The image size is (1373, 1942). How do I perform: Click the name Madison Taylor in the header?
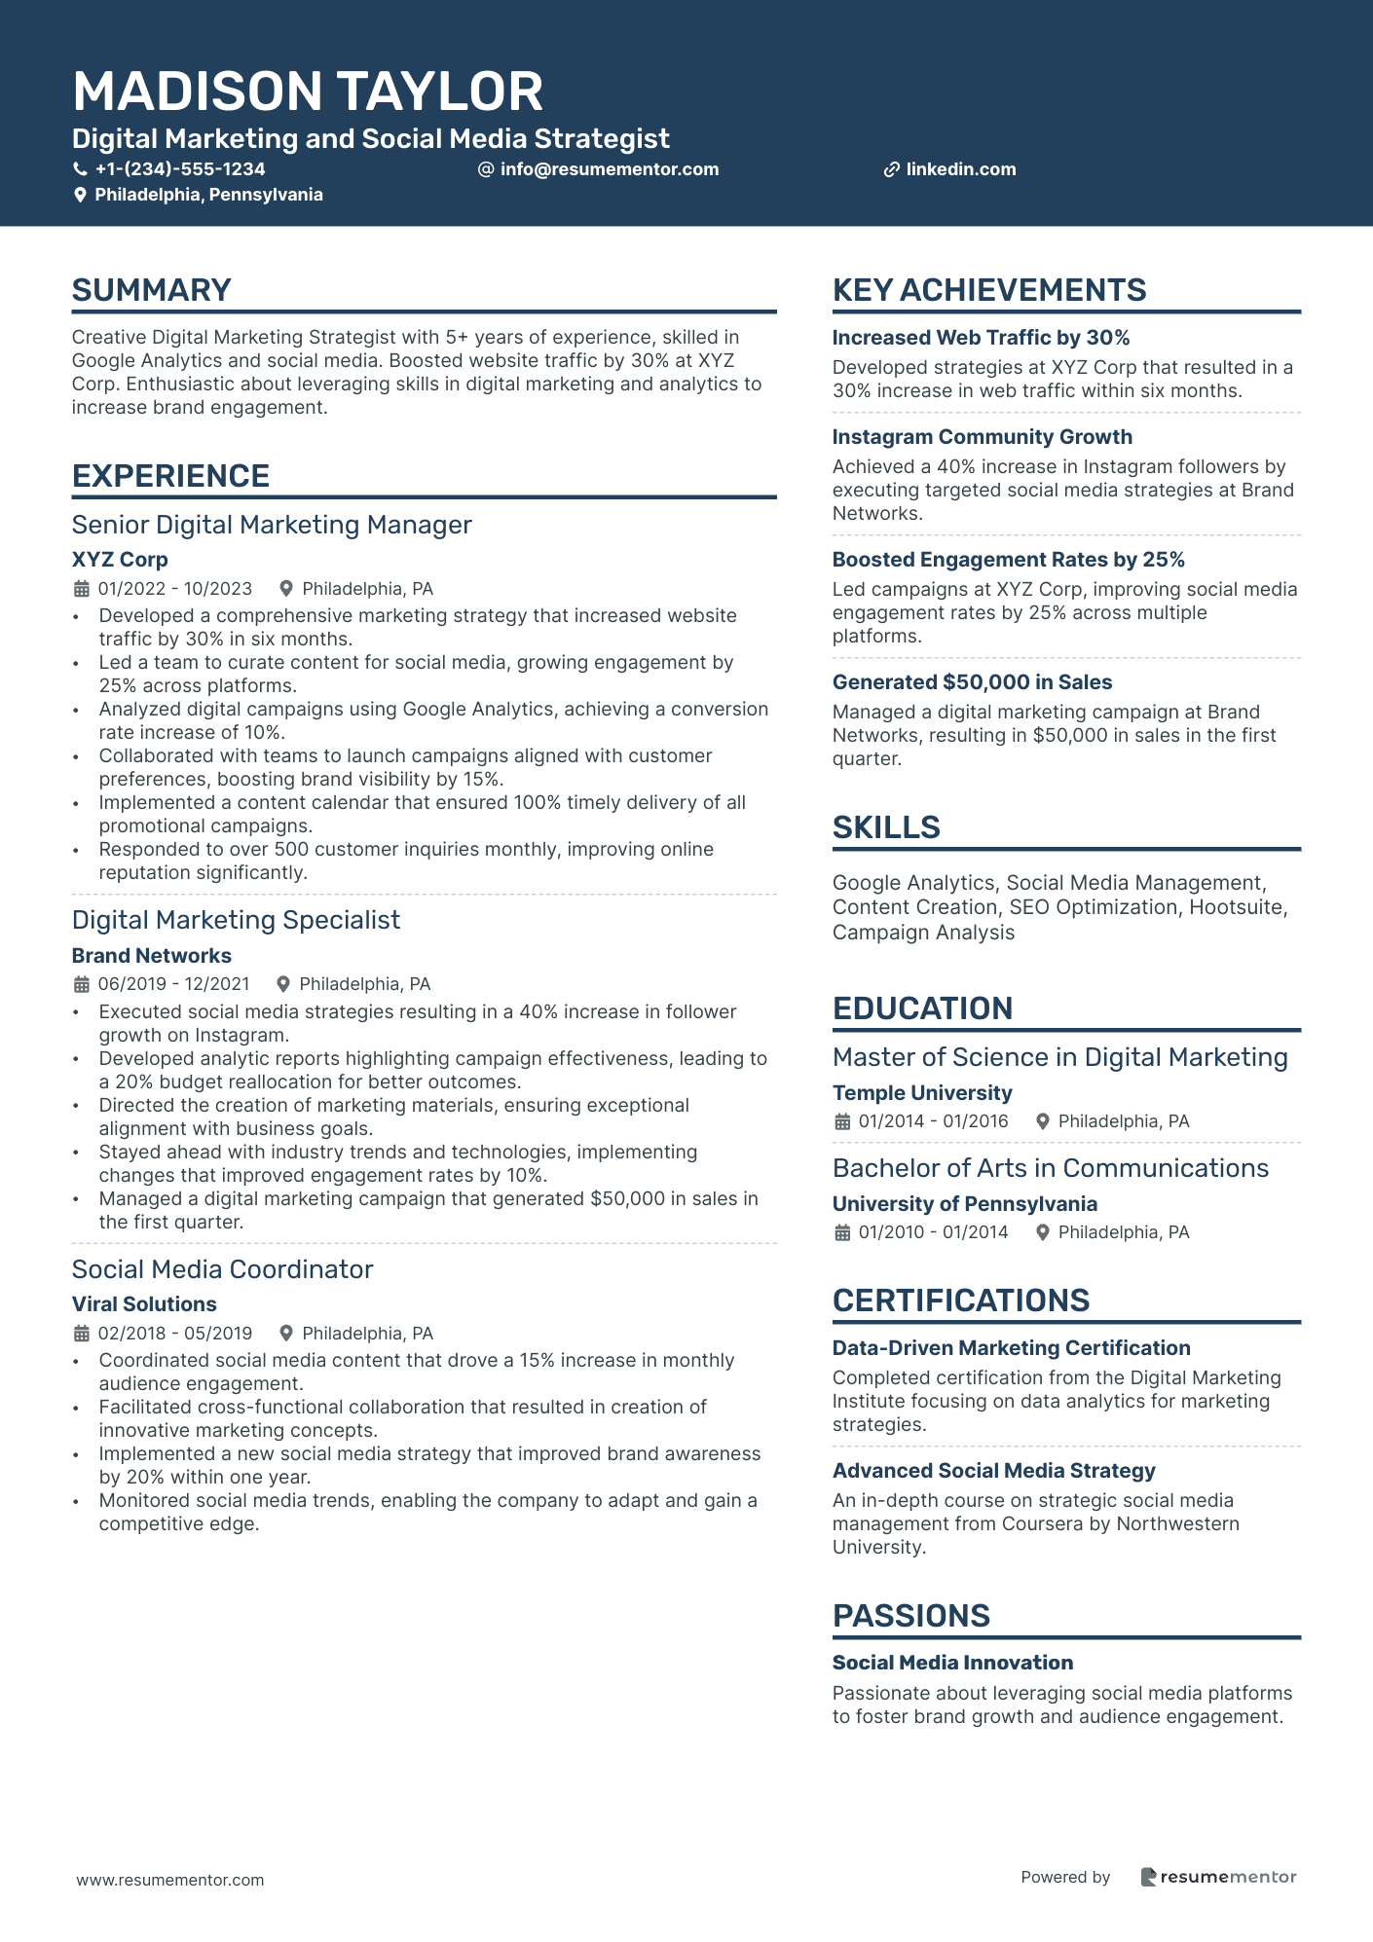pos(308,92)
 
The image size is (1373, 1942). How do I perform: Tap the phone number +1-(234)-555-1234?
pos(179,169)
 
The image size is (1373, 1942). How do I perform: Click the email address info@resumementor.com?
pos(609,169)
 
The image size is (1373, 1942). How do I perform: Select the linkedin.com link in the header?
pos(960,169)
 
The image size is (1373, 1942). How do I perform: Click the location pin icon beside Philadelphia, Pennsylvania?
pos(81,195)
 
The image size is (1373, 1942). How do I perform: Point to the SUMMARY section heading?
pos(151,290)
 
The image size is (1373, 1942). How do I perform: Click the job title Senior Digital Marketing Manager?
pos(272,525)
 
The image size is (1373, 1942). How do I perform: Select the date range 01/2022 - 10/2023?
pos(174,589)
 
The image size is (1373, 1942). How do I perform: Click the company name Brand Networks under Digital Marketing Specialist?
pos(152,956)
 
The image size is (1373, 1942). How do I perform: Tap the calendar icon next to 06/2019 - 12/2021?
pos(82,984)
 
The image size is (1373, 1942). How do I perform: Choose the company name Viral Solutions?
pos(144,1304)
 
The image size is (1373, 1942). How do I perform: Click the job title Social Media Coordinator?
pos(222,1269)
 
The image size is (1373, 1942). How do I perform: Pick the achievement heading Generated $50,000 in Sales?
pos(972,682)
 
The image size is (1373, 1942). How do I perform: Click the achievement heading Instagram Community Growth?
pos(982,437)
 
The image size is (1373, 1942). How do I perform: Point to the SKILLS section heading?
pos(886,827)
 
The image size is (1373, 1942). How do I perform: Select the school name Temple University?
pos(922,1093)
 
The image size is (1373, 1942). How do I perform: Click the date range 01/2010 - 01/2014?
pos(933,1232)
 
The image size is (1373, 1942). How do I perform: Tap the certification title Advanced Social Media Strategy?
pos(993,1471)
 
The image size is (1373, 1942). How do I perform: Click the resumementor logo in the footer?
pos(1218,1877)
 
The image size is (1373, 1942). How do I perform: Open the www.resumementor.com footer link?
pos(170,1880)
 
